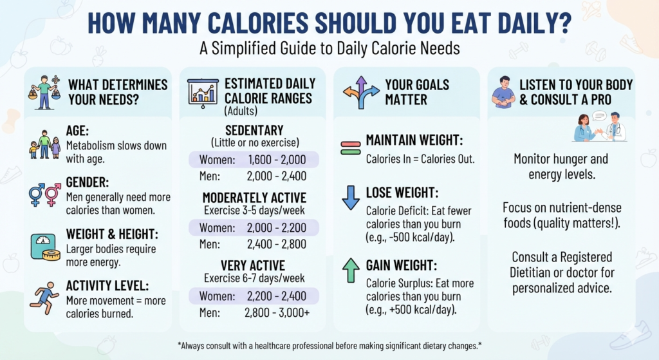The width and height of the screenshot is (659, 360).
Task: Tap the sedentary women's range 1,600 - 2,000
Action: [277, 160]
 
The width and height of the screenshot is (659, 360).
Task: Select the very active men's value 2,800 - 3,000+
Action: [277, 312]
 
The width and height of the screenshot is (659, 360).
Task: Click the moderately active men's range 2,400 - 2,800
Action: [277, 244]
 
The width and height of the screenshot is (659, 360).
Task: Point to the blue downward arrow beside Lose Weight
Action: [351, 198]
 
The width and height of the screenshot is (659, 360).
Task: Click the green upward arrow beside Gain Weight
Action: [351, 270]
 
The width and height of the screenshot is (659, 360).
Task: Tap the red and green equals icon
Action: [351, 148]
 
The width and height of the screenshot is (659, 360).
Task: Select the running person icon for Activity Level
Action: [44, 298]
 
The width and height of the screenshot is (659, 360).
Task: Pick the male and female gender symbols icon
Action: [45, 194]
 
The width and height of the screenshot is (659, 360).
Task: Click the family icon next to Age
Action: [45, 144]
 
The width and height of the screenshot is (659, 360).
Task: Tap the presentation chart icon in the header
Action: [203, 93]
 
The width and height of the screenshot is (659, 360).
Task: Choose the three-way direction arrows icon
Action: [361, 92]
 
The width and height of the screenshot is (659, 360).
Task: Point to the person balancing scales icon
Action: [44, 93]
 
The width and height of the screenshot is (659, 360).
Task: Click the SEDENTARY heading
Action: [254, 130]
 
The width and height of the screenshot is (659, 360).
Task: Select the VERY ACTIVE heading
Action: [253, 266]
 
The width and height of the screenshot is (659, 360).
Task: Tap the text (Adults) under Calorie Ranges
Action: [241, 111]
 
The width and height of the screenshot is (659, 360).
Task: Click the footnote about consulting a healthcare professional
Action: [329, 346]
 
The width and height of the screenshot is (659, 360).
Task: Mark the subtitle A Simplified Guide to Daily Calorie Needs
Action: [329, 48]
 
